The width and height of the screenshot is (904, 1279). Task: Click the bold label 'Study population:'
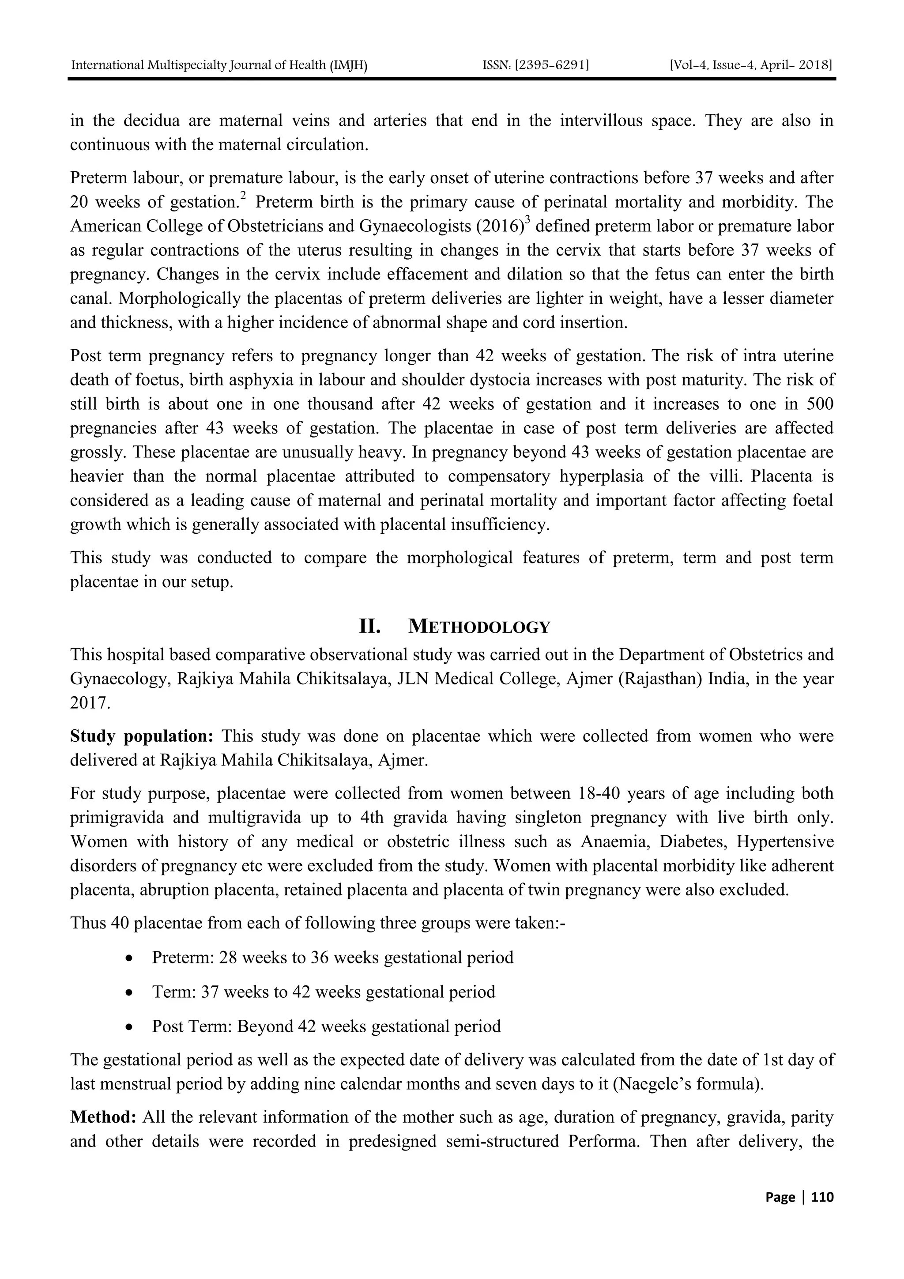[x=142, y=736]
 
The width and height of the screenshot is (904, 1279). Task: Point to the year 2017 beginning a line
[x=90, y=703]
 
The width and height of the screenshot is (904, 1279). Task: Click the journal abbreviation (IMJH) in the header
[x=349, y=65]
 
